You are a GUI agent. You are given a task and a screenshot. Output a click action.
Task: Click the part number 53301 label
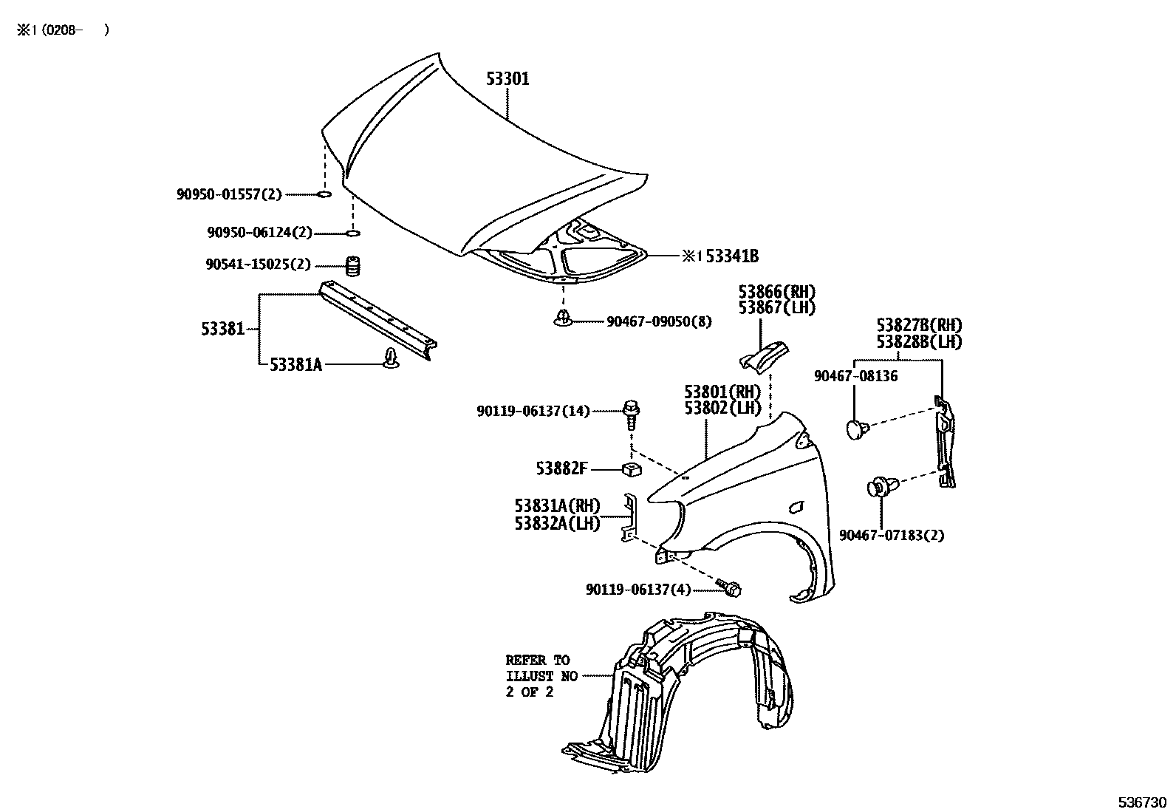tap(507, 79)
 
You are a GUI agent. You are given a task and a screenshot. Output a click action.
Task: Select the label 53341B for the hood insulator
tap(732, 256)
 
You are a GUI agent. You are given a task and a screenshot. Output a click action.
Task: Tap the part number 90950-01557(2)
tap(229, 194)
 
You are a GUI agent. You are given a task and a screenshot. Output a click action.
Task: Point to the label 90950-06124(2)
tap(259, 233)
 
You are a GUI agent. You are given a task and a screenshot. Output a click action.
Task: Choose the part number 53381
tap(222, 329)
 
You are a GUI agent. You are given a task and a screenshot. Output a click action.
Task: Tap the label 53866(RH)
tap(777, 292)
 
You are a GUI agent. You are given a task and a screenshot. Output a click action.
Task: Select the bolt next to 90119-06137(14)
tap(632, 414)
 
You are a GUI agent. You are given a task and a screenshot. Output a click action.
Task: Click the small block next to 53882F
tap(630, 468)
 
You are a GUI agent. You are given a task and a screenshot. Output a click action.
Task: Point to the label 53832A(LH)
tap(557, 523)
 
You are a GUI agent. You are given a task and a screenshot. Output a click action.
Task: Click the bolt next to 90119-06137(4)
tap(731, 588)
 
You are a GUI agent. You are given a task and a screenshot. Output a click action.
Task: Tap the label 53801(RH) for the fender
tap(722, 392)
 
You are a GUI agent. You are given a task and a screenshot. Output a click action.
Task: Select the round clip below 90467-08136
tap(855, 429)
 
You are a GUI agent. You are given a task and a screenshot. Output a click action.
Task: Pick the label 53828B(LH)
tap(919, 342)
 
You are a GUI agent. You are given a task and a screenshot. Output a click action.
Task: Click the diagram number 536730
tap(1141, 802)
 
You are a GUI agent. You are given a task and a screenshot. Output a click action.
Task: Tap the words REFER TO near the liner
tap(538, 661)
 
